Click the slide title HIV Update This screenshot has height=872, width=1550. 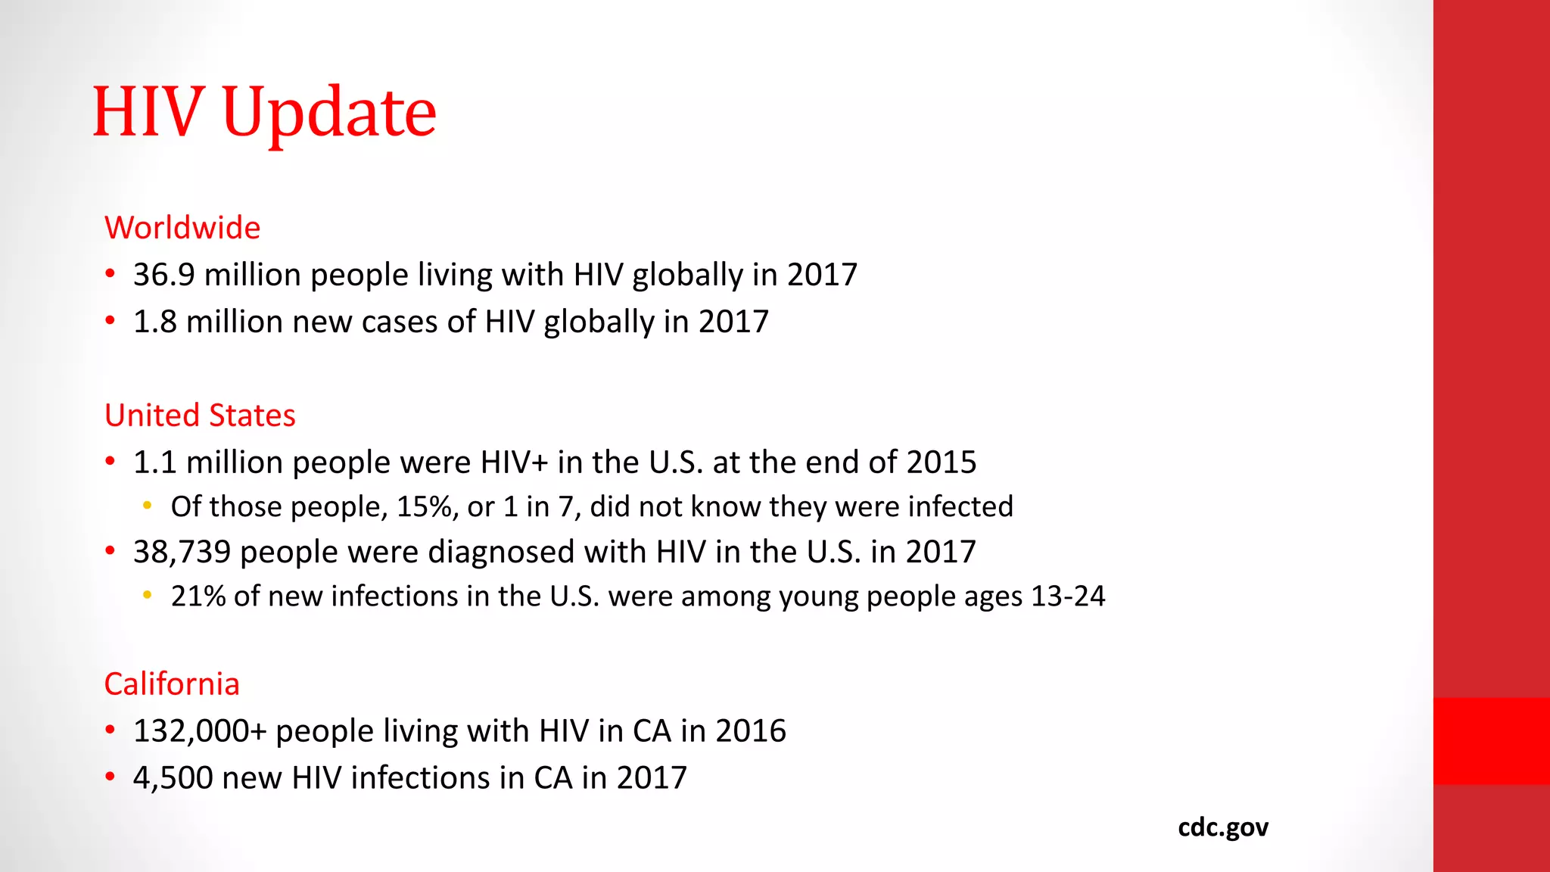click(x=264, y=112)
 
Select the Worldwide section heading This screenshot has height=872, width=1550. click(x=182, y=228)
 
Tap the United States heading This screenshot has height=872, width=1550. click(x=200, y=416)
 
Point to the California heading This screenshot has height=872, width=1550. click(x=172, y=684)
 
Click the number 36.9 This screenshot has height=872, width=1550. click(x=164, y=275)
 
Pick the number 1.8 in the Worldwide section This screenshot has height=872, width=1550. click(x=155, y=322)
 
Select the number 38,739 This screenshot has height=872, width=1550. click(x=182, y=552)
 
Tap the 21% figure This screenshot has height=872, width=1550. click(x=198, y=596)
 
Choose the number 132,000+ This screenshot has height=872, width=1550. click(x=200, y=731)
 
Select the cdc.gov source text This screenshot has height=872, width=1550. click(x=1223, y=827)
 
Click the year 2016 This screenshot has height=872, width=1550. click(x=751, y=731)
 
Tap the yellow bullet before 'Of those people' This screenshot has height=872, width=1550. click(x=148, y=506)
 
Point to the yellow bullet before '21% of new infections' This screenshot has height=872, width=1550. click(x=148, y=595)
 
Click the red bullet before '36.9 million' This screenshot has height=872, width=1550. click(x=110, y=273)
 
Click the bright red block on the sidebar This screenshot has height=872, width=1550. click(x=1491, y=741)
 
